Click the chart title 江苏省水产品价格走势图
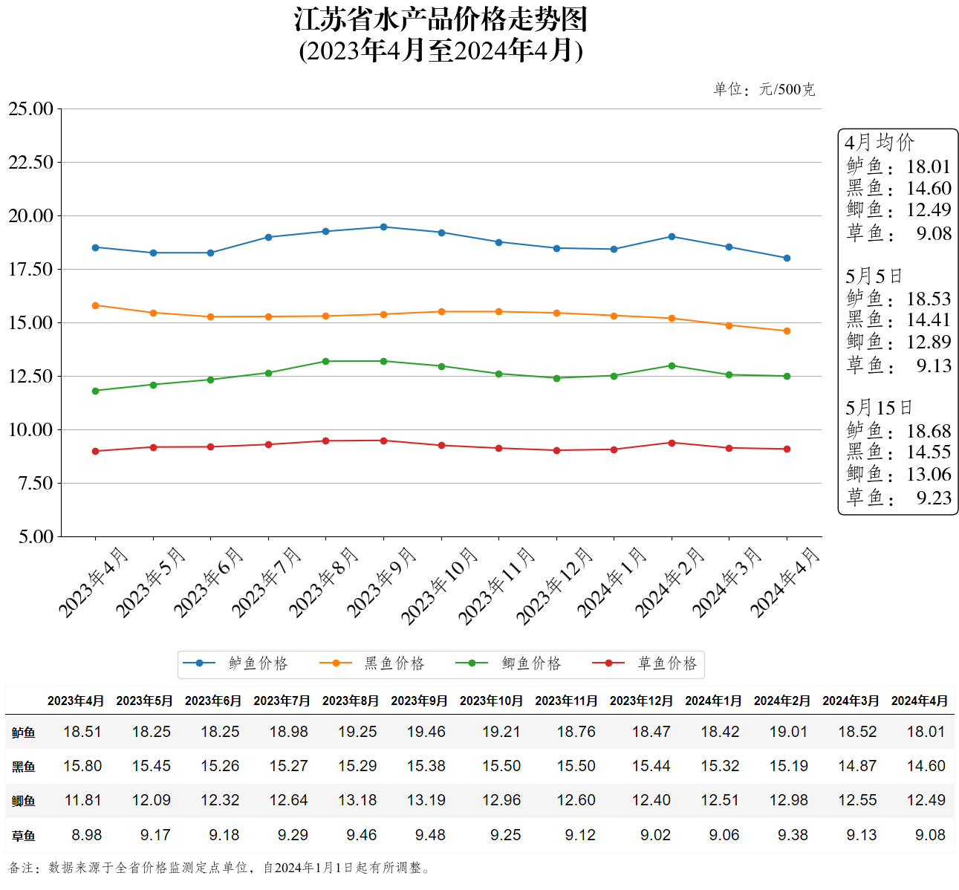[441, 20]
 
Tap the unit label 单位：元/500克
[764, 90]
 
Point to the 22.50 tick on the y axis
[31, 162]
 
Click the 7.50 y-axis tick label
[35, 483]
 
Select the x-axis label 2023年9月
[381, 582]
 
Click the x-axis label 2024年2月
[669, 582]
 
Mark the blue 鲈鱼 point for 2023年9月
[383, 227]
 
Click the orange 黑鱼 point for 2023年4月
[95, 305]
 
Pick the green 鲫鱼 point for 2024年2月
[672, 366]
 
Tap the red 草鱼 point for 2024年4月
[787, 449]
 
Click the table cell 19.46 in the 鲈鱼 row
[426, 732]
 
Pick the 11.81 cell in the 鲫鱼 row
[82, 800]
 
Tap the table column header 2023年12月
[640, 701]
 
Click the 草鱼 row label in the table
[24, 836]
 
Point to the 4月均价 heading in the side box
[880, 143]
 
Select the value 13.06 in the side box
[929, 474]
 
